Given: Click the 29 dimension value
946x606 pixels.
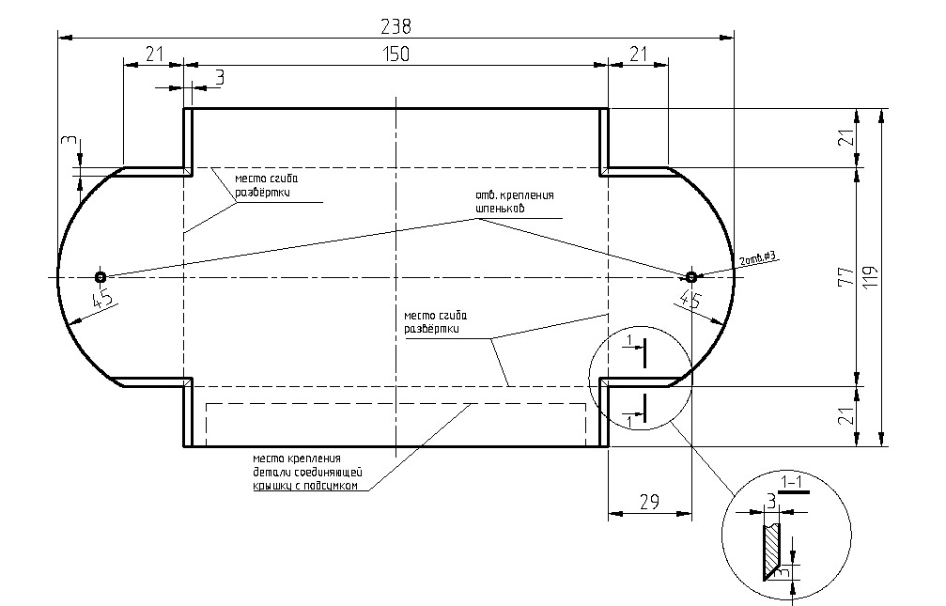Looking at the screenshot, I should coord(649,501).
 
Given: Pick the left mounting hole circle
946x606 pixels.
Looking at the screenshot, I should coord(100,277).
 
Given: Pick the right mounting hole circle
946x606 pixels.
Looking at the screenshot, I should coord(690,277).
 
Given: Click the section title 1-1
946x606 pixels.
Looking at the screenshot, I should coord(794,483).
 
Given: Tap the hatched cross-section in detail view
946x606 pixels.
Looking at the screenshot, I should coord(772,551).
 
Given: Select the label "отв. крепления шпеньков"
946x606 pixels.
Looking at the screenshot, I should coord(514,201).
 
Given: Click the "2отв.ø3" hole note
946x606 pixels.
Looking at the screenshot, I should coord(760,259).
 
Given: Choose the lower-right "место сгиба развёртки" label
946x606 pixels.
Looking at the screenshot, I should coord(433,322).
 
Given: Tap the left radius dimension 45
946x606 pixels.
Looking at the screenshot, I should coord(102,302).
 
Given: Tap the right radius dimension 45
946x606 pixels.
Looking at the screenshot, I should coord(690,302).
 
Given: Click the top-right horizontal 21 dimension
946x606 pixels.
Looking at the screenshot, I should coord(639,54).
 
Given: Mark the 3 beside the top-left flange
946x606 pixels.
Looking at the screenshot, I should coord(219,77).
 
